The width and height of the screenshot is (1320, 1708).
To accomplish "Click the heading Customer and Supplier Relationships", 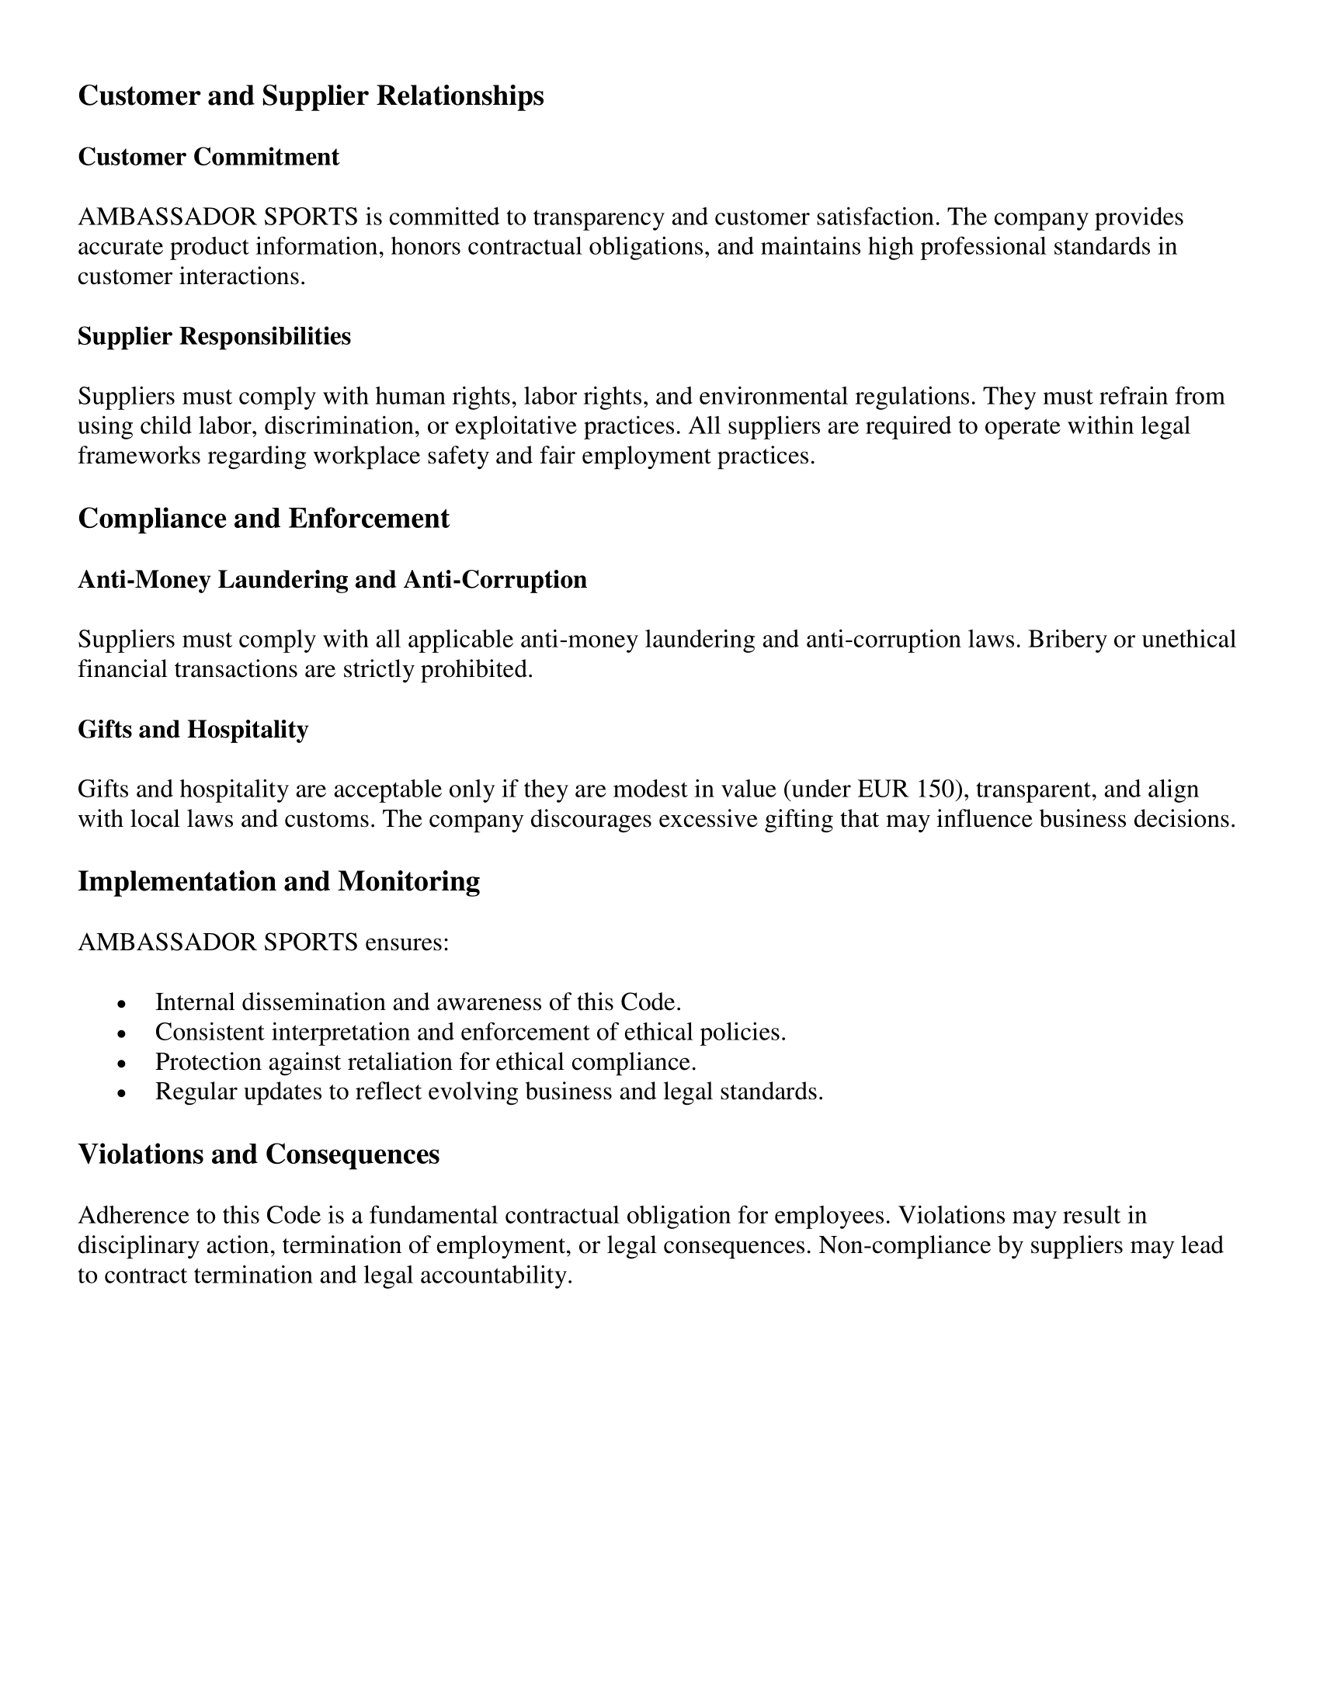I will tap(311, 95).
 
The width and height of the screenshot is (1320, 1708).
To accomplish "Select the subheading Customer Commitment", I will tap(208, 156).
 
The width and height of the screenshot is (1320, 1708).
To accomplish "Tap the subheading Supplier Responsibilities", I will tap(214, 336).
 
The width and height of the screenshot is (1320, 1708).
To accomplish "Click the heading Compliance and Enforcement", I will tap(263, 518).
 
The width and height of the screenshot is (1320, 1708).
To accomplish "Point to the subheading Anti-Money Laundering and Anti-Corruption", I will tap(332, 578).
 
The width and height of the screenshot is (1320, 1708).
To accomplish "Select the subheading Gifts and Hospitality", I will tap(193, 729).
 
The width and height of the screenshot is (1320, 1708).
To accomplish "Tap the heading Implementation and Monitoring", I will tap(279, 880).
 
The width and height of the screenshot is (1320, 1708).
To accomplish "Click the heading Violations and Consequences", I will tap(258, 1154).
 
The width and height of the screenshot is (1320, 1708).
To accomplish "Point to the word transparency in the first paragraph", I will tap(598, 217).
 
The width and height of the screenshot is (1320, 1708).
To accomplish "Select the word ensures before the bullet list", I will tap(407, 942).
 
